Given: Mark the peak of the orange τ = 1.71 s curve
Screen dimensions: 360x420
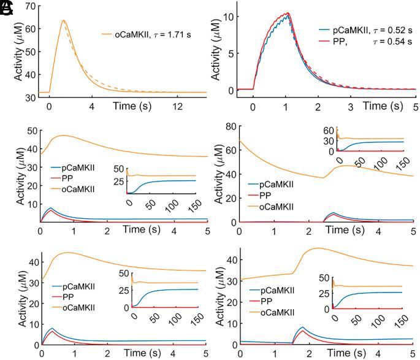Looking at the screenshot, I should tap(63, 20).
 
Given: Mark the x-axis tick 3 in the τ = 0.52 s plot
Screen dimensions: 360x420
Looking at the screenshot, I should tap(350, 105).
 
